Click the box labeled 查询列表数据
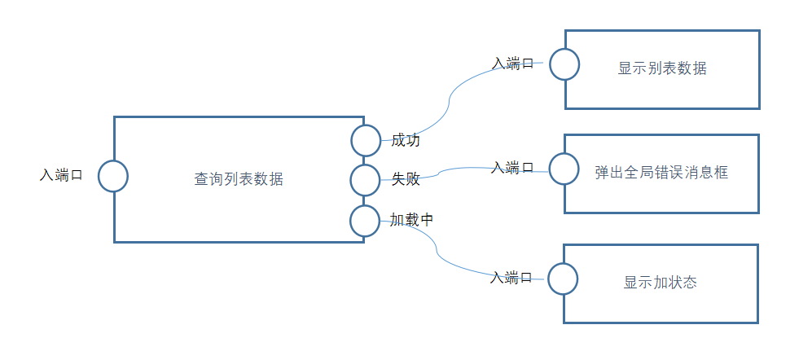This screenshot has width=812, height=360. (x=239, y=179)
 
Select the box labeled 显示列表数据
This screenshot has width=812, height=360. (x=662, y=69)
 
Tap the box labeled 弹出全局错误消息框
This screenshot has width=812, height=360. (x=661, y=173)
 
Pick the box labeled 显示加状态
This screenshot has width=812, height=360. (x=661, y=283)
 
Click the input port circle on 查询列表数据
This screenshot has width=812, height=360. (x=113, y=176)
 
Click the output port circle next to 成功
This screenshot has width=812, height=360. (x=366, y=140)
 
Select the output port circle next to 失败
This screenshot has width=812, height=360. (x=366, y=179)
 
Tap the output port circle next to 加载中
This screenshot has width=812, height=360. (x=366, y=220)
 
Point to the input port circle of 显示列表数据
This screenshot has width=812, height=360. (x=564, y=64)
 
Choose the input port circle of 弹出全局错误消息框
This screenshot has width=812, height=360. (x=564, y=169)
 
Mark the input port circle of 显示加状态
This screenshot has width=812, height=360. (x=563, y=279)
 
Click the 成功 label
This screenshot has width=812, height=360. (x=406, y=140)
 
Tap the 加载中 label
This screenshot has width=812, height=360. (x=411, y=220)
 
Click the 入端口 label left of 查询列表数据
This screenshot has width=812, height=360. (x=62, y=175)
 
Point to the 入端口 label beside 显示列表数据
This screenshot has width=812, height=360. (x=513, y=64)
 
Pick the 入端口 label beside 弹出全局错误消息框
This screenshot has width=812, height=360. (x=512, y=168)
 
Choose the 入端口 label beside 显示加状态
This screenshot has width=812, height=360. (x=511, y=278)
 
